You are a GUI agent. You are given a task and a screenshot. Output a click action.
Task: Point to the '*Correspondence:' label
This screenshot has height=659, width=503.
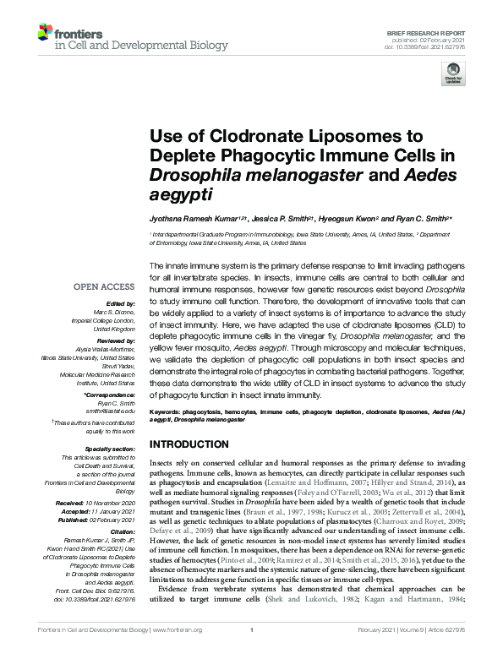(110, 395)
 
